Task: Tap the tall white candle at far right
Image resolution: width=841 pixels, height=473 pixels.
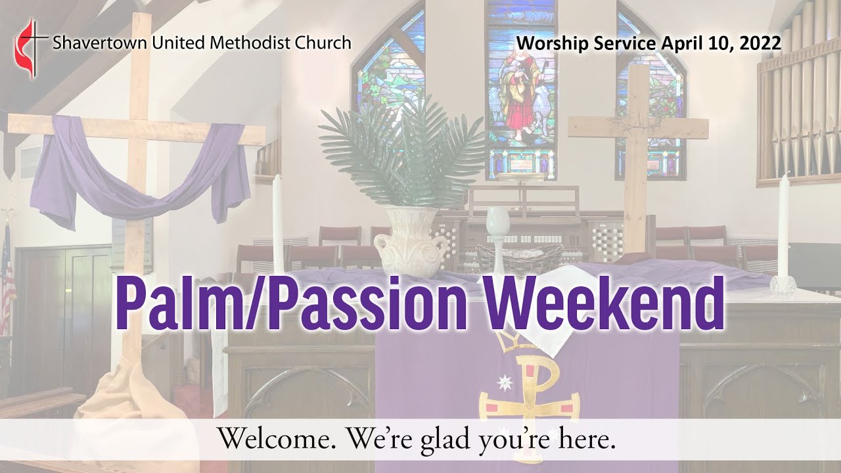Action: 783,227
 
